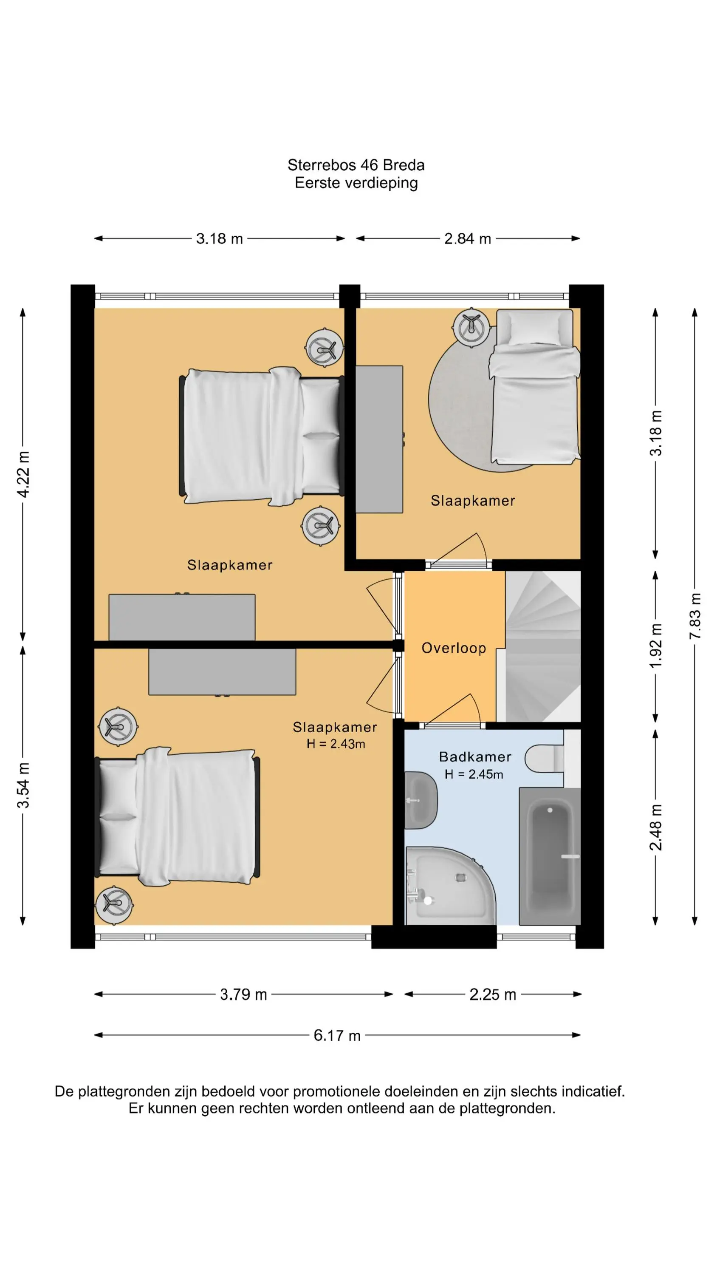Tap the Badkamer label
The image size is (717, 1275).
[x=475, y=757]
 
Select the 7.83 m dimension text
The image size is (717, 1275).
[x=695, y=615]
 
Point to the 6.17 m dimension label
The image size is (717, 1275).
[x=337, y=1035]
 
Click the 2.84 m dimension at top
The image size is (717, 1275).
[x=468, y=238]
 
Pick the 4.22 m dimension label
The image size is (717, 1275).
[x=23, y=474]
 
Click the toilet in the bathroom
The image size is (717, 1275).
[x=544, y=758]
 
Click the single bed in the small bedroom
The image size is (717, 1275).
[x=534, y=387]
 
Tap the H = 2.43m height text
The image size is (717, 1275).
[x=336, y=744]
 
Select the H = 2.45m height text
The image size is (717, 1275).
[x=474, y=775]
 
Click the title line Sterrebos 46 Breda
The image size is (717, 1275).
[x=356, y=165]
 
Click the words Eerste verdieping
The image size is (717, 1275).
[x=356, y=183]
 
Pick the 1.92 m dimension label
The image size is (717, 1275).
[x=656, y=646]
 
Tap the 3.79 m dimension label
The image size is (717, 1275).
[x=243, y=994]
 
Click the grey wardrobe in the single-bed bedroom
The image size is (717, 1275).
[x=379, y=439]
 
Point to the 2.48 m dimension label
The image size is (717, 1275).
[x=656, y=828]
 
